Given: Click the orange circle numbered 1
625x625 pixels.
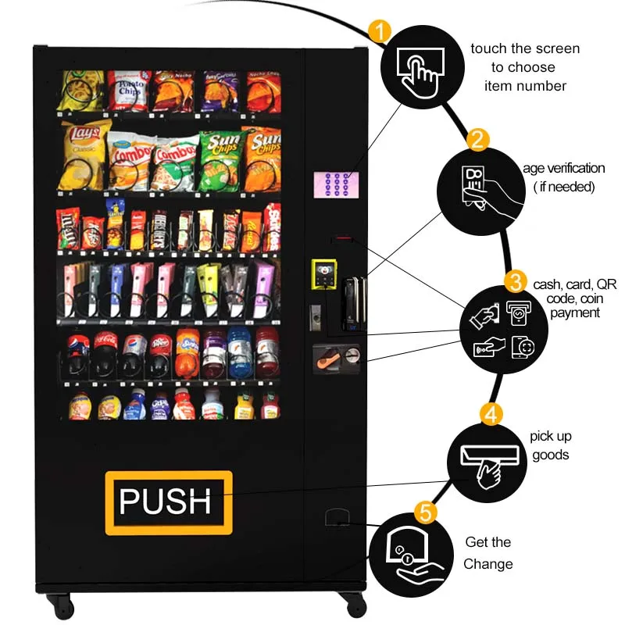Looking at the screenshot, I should (x=379, y=32).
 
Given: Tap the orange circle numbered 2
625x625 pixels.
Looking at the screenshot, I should (x=478, y=141).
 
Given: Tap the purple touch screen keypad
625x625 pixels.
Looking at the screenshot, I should (x=337, y=184).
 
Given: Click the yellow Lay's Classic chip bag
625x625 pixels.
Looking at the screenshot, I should (x=83, y=153).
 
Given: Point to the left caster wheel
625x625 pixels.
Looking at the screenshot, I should (x=60, y=604).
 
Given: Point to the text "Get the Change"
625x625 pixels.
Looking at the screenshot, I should (x=488, y=553).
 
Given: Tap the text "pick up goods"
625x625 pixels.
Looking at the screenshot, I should (x=550, y=445).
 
